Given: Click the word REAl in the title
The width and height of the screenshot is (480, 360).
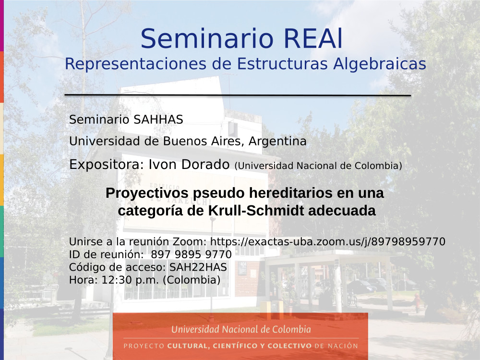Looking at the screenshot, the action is point(313,39).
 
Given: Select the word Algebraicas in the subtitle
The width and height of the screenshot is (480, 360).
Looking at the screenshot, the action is point(380,64).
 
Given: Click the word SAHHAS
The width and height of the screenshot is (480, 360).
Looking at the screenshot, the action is point(158,120).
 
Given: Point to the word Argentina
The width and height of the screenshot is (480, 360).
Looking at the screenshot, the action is point(277,142).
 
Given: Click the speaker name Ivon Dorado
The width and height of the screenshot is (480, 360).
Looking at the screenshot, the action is point(189,164).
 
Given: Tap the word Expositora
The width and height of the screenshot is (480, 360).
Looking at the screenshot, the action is point(106,165).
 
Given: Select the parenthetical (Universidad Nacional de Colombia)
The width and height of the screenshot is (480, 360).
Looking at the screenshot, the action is point(318,166).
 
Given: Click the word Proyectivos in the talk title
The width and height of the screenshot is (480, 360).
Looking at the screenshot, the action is point(147,193).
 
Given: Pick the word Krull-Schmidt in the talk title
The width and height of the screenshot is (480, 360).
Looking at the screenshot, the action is point(256,211).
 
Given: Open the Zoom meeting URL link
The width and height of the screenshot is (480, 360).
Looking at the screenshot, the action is point(327,242).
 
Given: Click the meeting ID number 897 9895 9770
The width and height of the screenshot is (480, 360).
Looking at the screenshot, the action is point(192,254).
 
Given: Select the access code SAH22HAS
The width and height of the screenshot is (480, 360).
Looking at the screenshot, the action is point(198,267).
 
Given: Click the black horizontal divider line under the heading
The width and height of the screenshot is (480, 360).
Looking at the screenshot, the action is point(238,96).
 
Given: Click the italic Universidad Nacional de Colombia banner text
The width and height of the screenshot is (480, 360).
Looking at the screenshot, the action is point(241,329).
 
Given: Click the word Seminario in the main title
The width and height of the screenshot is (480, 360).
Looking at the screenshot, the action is point(207,39).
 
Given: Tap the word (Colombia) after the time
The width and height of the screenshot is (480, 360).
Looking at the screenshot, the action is point(192,280).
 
